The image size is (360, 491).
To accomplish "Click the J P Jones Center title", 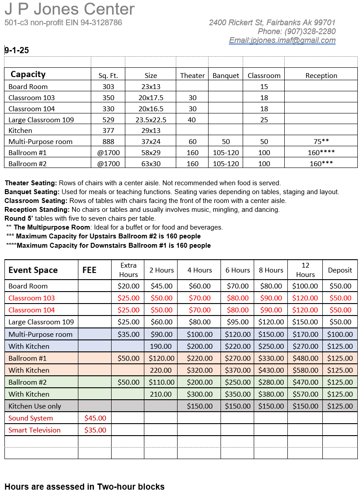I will click(x=70, y=9).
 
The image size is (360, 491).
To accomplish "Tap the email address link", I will click(x=282, y=40).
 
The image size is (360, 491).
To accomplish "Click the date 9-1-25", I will click(x=17, y=50).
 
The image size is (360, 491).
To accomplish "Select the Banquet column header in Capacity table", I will click(x=226, y=75).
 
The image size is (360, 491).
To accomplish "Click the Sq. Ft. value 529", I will click(x=108, y=120).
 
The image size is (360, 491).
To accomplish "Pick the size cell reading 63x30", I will click(x=151, y=164).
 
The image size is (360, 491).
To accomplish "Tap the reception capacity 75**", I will click(x=321, y=141).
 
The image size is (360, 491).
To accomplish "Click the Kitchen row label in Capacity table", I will click(x=20, y=130).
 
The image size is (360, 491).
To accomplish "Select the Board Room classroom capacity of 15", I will click(x=264, y=86).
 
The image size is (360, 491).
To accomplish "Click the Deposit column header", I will click(x=340, y=270).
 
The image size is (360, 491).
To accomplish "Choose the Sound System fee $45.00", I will click(x=95, y=418).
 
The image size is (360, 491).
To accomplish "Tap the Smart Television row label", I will click(x=35, y=430).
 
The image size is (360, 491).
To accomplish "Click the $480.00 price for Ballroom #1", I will click(x=305, y=358).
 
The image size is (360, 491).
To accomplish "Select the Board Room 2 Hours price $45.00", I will click(x=162, y=286).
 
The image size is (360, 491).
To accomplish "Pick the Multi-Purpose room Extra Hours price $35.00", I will click(x=128, y=334).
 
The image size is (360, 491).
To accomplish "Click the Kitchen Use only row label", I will click(x=35, y=406).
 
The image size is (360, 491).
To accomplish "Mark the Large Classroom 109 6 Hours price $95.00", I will click(x=238, y=322).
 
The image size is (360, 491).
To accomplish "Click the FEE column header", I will click(x=89, y=270).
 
